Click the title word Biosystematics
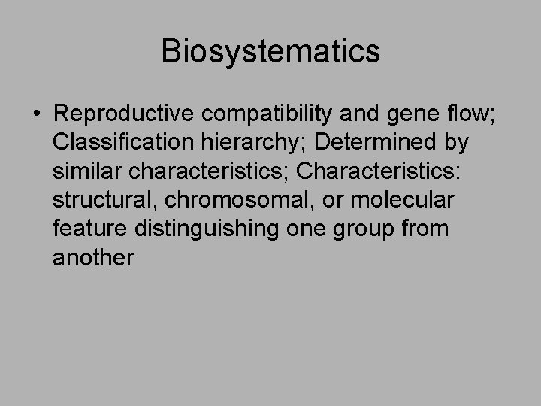(270, 52)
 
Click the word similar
(89, 171)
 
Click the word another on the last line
(93, 257)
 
